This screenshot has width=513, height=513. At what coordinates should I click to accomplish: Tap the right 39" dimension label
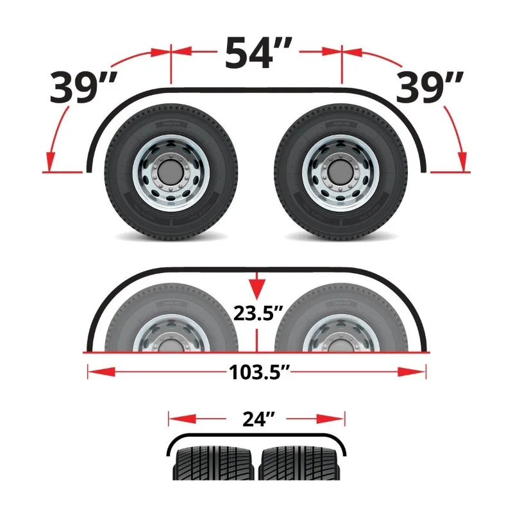pyautogui.click(x=430, y=88)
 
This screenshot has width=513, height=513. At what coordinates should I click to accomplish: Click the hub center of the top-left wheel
pyautogui.click(x=171, y=172)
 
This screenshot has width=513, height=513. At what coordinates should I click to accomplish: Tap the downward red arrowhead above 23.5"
pyautogui.click(x=256, y=289)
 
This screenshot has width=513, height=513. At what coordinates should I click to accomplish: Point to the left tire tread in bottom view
pyautogui.click(x=215, y=464)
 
